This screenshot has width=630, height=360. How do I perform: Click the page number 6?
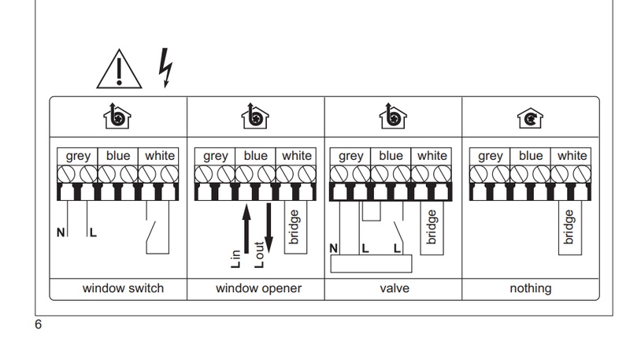click(38, 323)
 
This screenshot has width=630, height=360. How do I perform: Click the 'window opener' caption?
click(258, 288)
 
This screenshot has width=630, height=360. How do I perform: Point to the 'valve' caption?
click(394, 288)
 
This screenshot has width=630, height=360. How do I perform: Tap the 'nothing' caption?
click(530, 288)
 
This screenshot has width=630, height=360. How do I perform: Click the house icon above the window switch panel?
click(118, 117)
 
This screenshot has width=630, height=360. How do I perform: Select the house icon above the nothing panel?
click(530, 117)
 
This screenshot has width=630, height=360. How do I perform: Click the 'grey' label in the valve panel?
click(350, 156)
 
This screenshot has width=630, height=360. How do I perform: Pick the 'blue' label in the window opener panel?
click(255, 156)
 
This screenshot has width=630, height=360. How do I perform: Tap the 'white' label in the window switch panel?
click(159, 156)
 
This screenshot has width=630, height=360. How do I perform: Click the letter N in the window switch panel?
click(60, 233)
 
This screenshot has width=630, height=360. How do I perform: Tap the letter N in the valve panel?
click(334, 249)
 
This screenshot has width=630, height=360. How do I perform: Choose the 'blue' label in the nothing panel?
click(530, 156)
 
